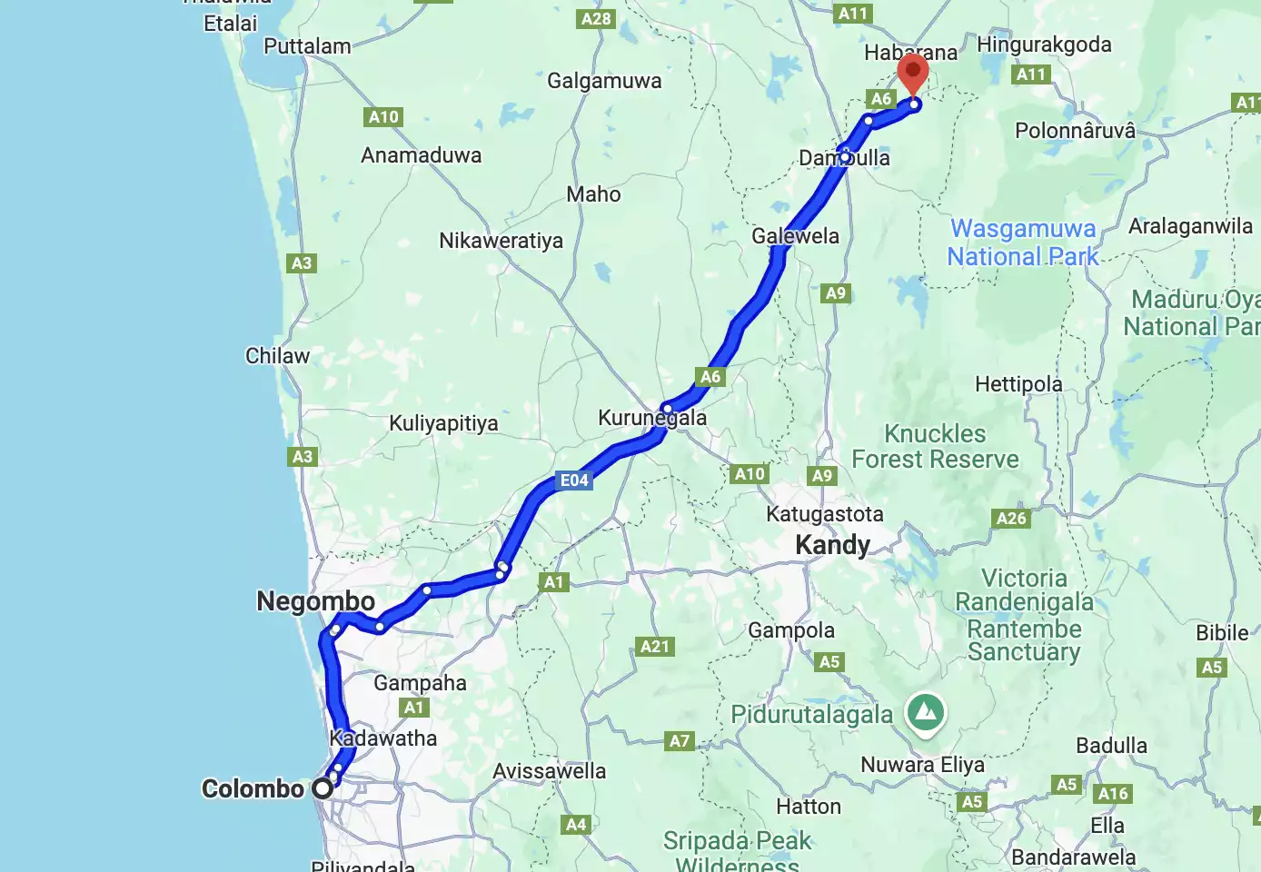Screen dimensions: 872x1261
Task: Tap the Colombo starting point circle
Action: (x=323, y=788)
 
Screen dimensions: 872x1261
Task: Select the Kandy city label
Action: (x=832, y=545)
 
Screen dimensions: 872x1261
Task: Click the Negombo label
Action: (x=315, y=601)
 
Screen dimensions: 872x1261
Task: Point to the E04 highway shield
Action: (x=574, y=481)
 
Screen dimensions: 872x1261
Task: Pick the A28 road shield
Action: (x=596, y=19)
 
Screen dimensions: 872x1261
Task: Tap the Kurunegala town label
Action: (x=652, y=418)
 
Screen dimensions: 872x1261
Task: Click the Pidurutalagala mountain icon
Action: (x=926, y=712)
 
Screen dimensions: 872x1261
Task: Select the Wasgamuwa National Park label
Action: (x=1023, y=243)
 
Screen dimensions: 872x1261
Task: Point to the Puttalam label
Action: (x=307, y=46)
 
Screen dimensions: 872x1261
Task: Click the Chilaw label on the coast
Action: (x=277, y=356)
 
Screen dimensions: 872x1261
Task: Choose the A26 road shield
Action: (x=1011, y=519)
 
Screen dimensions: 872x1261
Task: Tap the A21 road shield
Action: (x=655, y=647)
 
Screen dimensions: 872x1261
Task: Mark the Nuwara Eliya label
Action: (x=922, y=765)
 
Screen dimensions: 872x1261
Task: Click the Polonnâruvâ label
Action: (x=1075, y=131)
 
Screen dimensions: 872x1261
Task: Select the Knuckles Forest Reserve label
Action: (x=935, y=447)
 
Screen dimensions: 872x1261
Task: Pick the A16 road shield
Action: (x=1113, y=794)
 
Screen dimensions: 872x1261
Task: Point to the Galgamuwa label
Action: (x=604, y=82)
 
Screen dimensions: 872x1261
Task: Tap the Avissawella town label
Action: (x=549, y=771)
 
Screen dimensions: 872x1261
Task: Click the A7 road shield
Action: (x=680, y=741)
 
